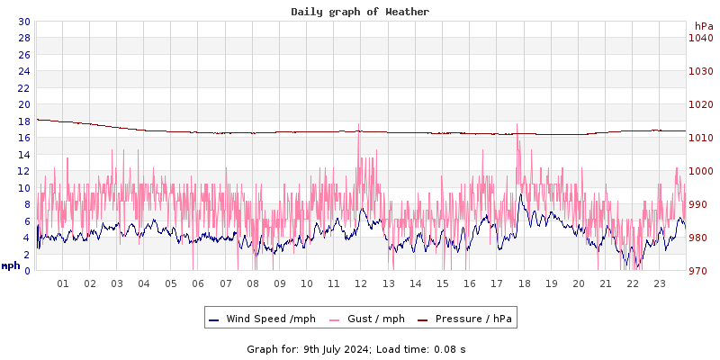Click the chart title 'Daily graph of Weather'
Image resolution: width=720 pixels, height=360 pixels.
[x=360, y=12]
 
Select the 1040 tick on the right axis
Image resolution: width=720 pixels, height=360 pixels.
[x=700, y=38]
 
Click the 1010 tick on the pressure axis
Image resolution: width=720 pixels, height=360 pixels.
[x=700, y=138]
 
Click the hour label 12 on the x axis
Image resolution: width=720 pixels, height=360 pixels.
[x=361, y=283]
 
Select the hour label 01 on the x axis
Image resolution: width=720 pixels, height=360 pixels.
[x=63, y=283]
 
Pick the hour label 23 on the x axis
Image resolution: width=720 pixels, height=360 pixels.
[x=660, y=283]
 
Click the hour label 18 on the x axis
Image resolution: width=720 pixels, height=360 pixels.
[x=524, y=283]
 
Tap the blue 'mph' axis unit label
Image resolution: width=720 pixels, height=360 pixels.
[x=11, y=265]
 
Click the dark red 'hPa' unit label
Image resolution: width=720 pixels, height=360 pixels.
[x=704, y=26]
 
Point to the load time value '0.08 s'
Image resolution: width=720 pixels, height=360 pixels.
[x=450, y=349]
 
